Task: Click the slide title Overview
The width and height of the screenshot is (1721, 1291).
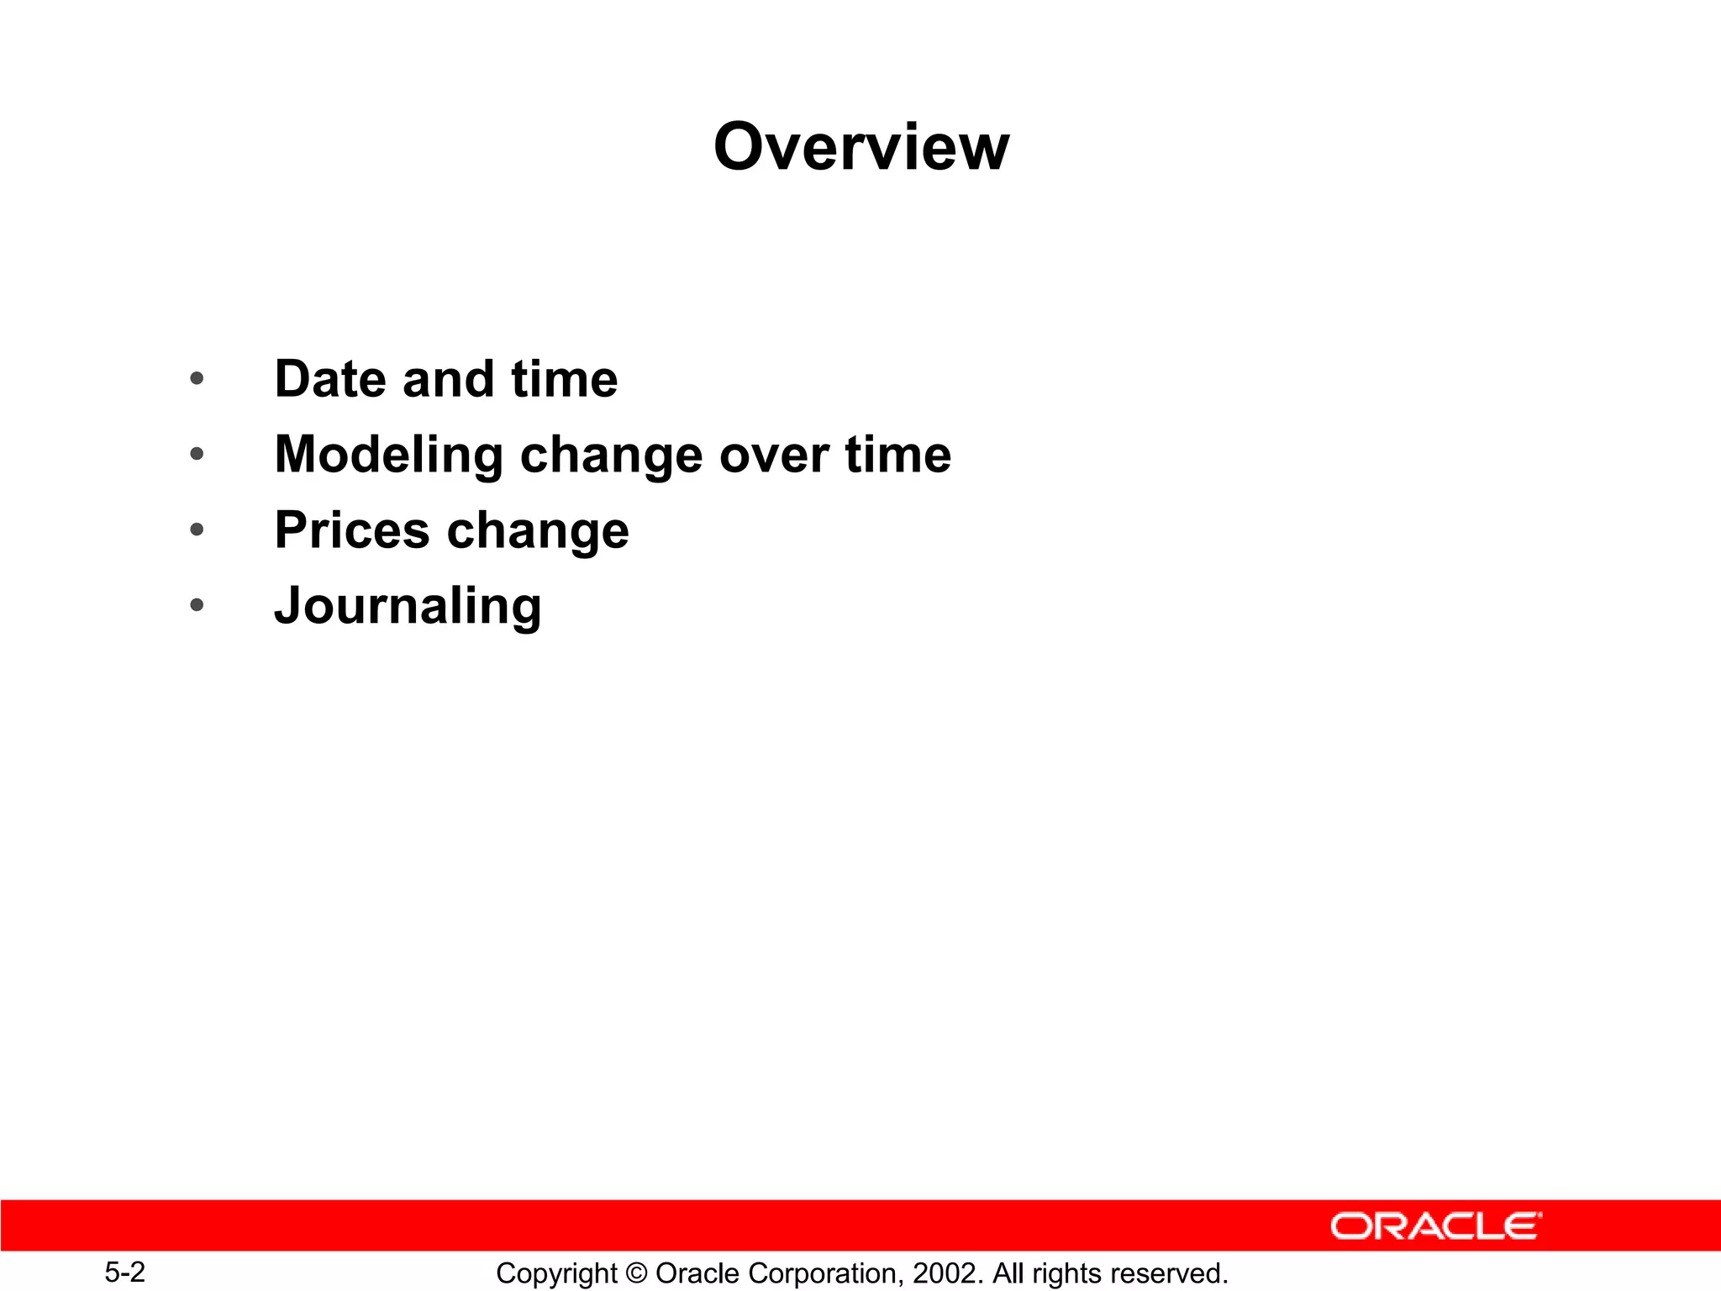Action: (x=860, y=147)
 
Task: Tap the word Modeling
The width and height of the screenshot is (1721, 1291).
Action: (x=388, y=456)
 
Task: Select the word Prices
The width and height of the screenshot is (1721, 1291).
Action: (x=352, y=531)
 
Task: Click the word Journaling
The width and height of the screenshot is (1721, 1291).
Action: (x=408, y=607)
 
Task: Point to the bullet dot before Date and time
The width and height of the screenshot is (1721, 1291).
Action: (x=197, y=378)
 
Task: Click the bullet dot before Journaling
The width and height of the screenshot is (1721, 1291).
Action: (x=197, y=604)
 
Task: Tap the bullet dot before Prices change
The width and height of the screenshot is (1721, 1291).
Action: (x=197, y=530)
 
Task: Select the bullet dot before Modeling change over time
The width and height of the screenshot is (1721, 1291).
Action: (x=197, y=455)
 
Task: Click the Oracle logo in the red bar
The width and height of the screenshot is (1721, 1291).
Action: (x=1435, y=1226)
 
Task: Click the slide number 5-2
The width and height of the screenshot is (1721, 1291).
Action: (x=124, y=1272)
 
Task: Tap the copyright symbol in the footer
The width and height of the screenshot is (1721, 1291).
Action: (x=636, y=1273)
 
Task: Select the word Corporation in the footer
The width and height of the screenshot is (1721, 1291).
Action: (x=822, y=1273)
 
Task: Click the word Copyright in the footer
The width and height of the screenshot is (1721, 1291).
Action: (x=556, y=1273)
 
